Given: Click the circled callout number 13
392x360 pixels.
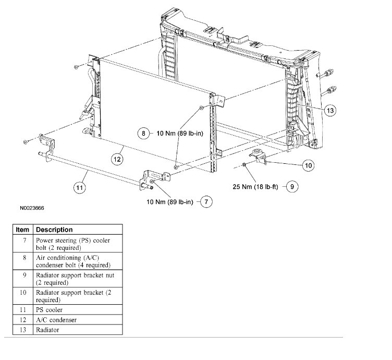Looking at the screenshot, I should coord(329,110).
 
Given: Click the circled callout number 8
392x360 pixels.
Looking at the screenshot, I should coord(143,134).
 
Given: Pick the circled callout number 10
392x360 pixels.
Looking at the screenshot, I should coord(308,165).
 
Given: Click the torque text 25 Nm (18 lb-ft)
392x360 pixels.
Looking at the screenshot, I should coord(256,185).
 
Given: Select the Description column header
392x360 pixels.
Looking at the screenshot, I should coord(54,230).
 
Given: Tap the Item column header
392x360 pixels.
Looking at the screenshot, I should coord(22,230).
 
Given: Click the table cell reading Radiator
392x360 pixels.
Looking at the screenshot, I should coord(47,330).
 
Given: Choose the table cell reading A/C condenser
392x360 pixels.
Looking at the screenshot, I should coord(56,320).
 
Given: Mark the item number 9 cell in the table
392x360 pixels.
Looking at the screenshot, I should coord(22,275).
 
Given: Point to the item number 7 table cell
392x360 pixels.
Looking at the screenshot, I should coord(22,240).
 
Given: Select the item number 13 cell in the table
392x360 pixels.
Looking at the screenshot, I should coord(22,330).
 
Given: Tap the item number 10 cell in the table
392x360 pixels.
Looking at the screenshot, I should coord(22,293).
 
